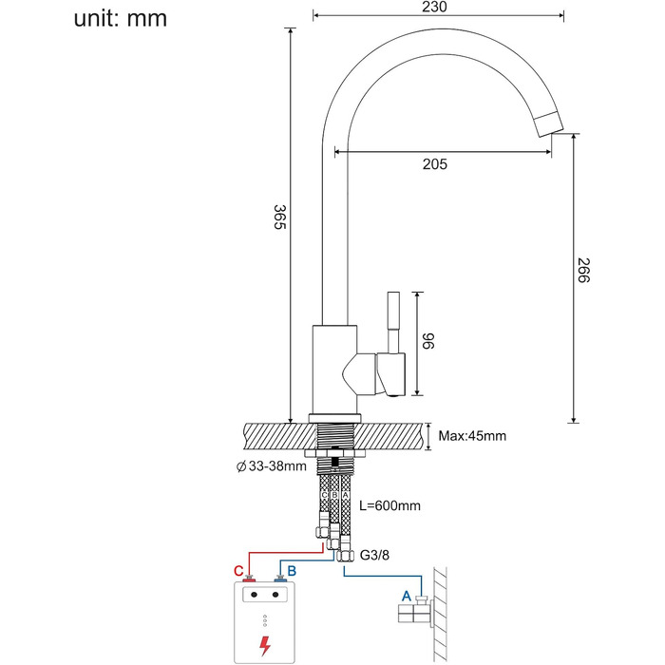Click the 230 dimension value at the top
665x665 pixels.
tap(435, 7)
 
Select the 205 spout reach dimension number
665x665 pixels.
tap(435, 164)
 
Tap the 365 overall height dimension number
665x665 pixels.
tap(280, 217)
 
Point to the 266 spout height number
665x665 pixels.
tap(583, 270)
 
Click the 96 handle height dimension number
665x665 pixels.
tap(428, 341)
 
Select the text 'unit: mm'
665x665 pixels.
tap(121, 19)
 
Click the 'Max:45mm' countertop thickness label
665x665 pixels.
tap(472, 436)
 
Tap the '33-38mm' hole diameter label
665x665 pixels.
tap(277, 466)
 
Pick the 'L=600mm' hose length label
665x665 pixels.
tap(389, 505)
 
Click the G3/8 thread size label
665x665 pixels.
tap(374, 555)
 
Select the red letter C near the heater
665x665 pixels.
tap(238, 571)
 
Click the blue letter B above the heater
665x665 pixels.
tap(292, 571)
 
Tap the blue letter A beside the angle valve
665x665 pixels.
tap(407, 597)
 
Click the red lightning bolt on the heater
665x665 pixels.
tap(265, 646)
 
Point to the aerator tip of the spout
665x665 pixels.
tap(549, 123)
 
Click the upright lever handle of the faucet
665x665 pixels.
tap(394, 322)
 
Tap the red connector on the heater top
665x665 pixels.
tap(249, 579)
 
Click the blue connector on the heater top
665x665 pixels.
tap(279, 579)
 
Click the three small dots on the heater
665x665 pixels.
tap(265, 620)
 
